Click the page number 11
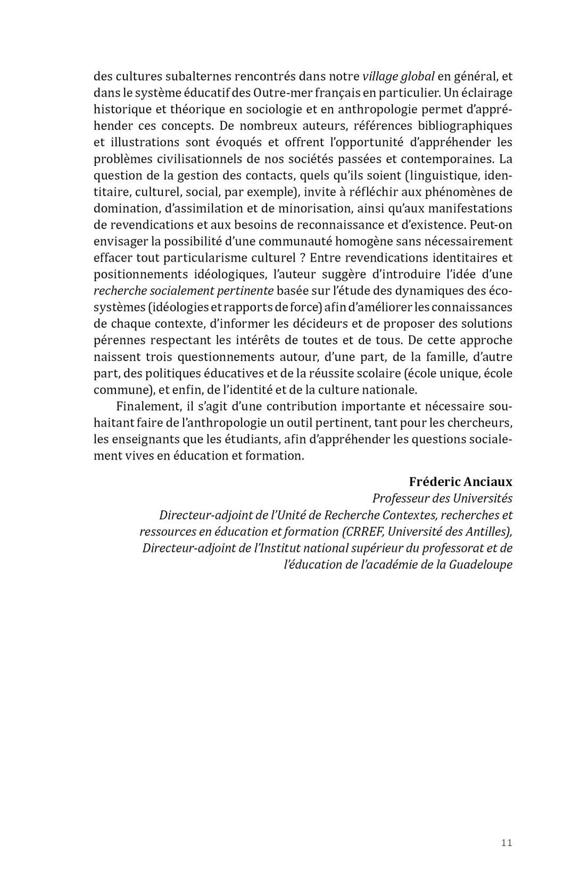(506, 843)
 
